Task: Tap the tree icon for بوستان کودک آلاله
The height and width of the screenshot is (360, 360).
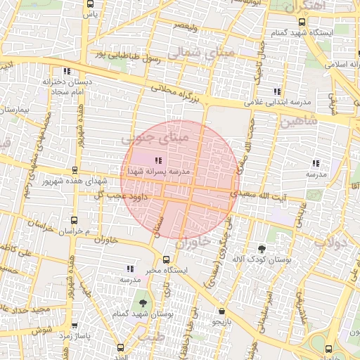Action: (262, 248)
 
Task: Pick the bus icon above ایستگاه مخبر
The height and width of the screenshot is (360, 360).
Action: (166, 259)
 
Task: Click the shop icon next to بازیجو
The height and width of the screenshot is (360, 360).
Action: (222, 311)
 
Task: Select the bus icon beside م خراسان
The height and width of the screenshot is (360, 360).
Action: (75, 219)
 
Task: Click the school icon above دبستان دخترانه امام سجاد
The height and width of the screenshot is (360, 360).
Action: (67, 71)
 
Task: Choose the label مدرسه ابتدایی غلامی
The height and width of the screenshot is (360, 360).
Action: (278, 103)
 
